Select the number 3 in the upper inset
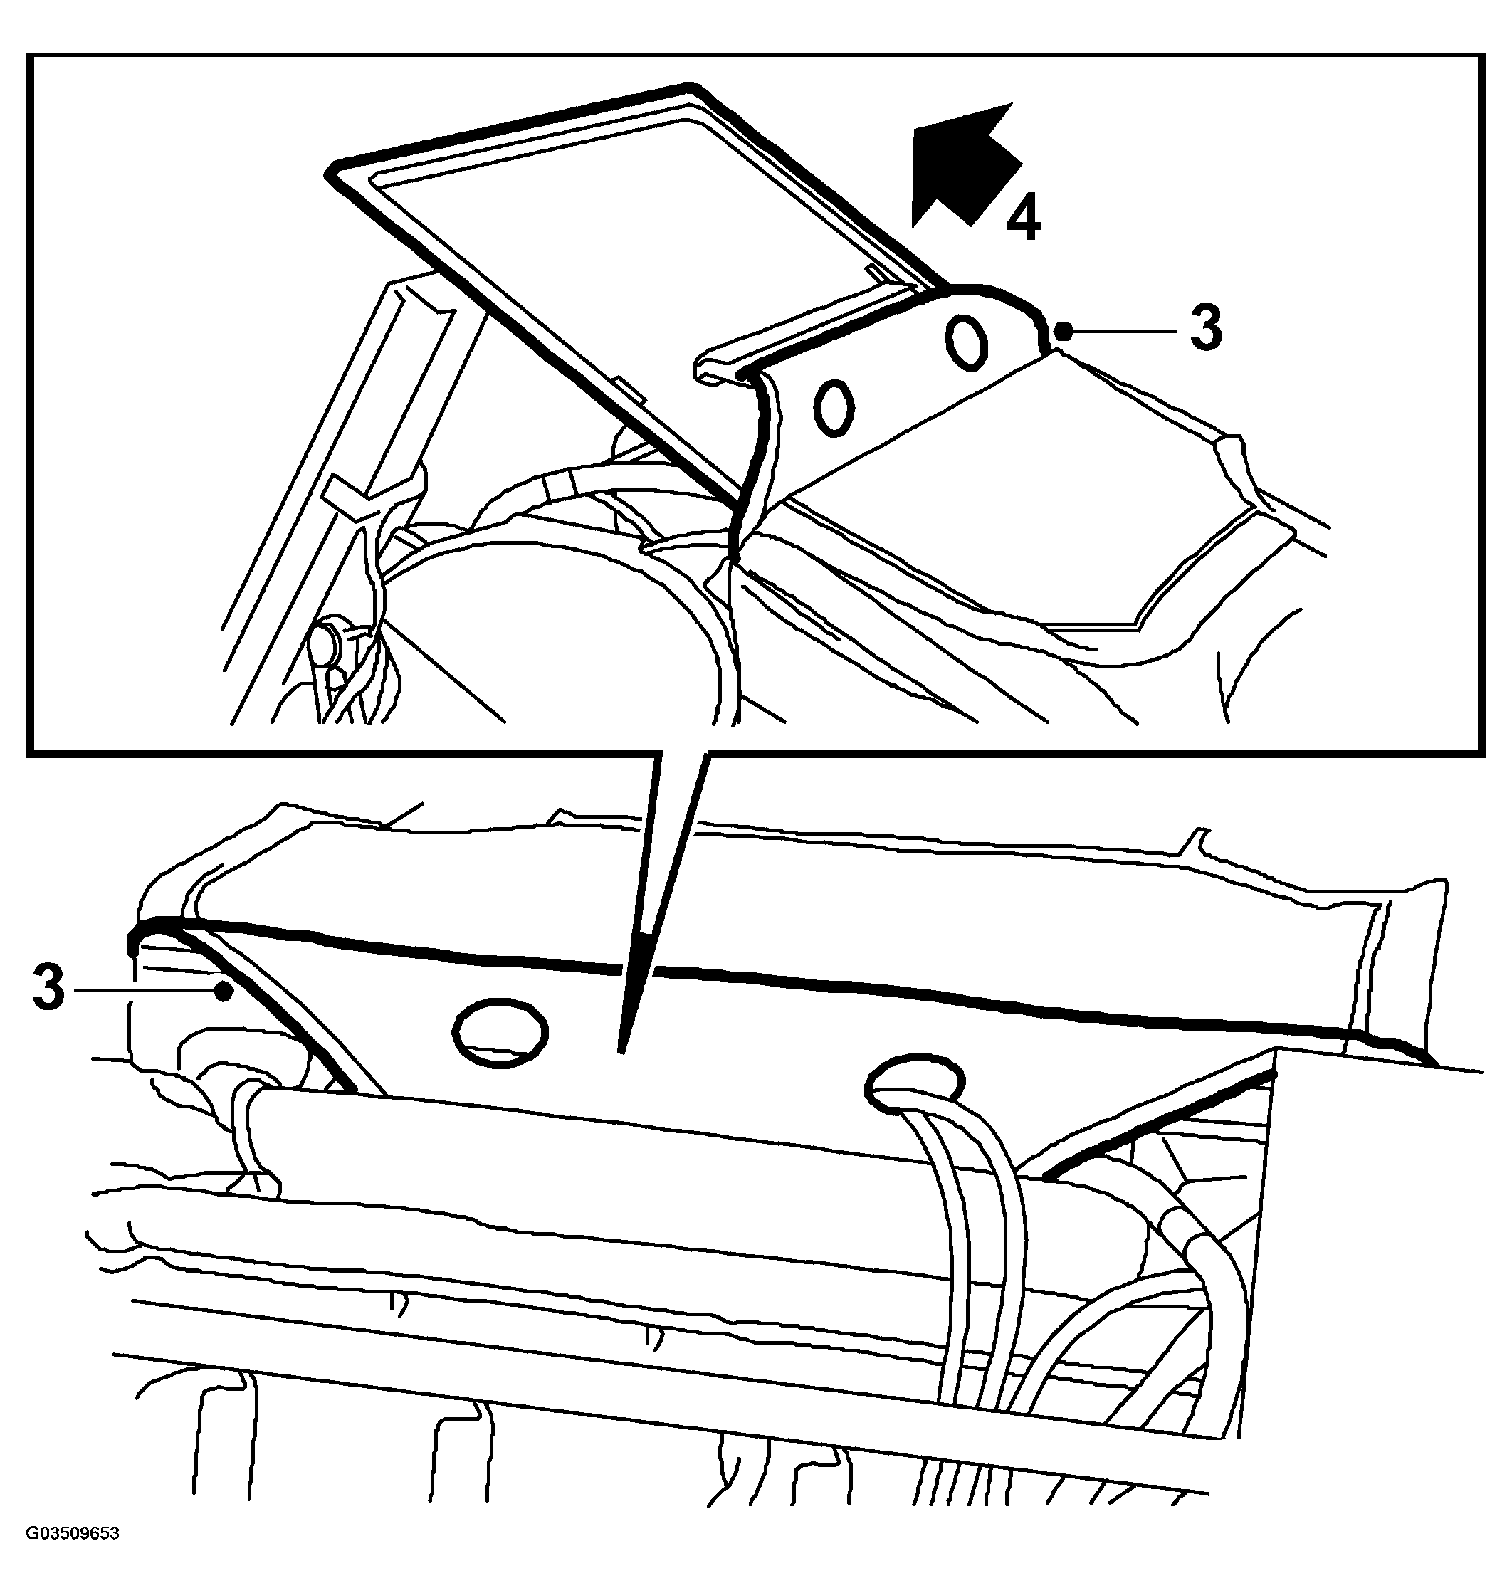(x=1206, y=328)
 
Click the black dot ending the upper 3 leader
(x=1064, y=329)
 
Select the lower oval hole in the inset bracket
(x=834, y=409)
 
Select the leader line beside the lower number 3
(x=148, y=991)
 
